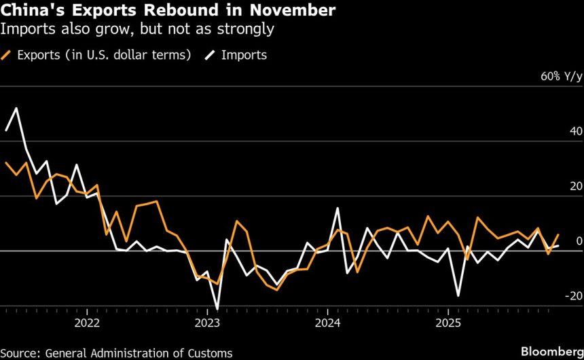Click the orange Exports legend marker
8,55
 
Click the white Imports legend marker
209,55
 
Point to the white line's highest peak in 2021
16,108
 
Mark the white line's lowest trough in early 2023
217,309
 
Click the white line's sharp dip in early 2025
458,295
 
